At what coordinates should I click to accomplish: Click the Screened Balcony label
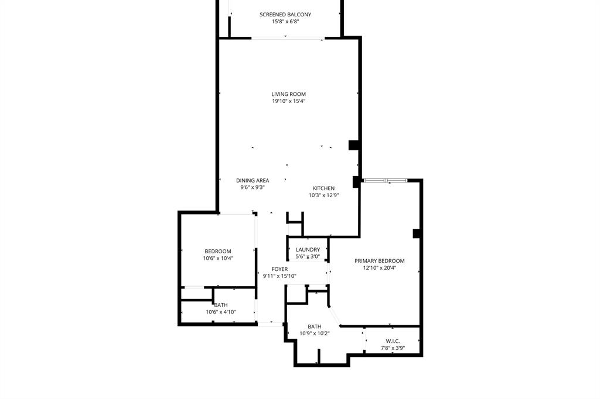pyautogui.click(x=285, y=15)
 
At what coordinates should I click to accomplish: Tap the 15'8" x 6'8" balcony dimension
pyautogui.click(x=285, y=22)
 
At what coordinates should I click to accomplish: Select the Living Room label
pyautogui.click(x=288, y=94)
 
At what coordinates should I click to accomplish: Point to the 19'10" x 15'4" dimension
pyautogui.click(x=288, y=101)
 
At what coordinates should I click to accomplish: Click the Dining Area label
pyautogui.click(x=253, y=180)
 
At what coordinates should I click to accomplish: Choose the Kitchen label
pyautogui.click(x=323, y=188)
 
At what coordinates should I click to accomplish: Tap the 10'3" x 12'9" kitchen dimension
pyautogui.click(x=323, y=195)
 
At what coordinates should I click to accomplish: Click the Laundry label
pyautogui.click(x=308, y=250)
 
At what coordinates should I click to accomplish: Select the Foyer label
pyautogui.click(x=279, y=269)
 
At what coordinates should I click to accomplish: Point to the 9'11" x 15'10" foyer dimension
pyautogui.click(x=279, y=276)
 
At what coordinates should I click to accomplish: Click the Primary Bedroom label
pyautogui.click(x=379, y=261)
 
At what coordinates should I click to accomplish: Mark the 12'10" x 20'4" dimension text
pyautogui.click(x=379, y=268)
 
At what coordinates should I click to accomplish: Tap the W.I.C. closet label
pyautogui.click(x=393, y=341)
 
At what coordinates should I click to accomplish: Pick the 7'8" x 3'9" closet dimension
pyautogui.click(x=393, y=348)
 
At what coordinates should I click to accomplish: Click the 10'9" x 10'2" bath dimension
pyautogui.click(x=315, y=333)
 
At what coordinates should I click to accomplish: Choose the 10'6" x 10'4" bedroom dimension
pyautogui.click(x=218, y=258)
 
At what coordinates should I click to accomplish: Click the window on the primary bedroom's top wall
pyautogui.click(x=386, y=181)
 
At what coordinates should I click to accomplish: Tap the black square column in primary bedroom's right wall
pyautogui.click(x=417, y=233)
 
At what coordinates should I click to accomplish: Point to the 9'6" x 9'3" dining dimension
pyautogui.click(x=253, y=187)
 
